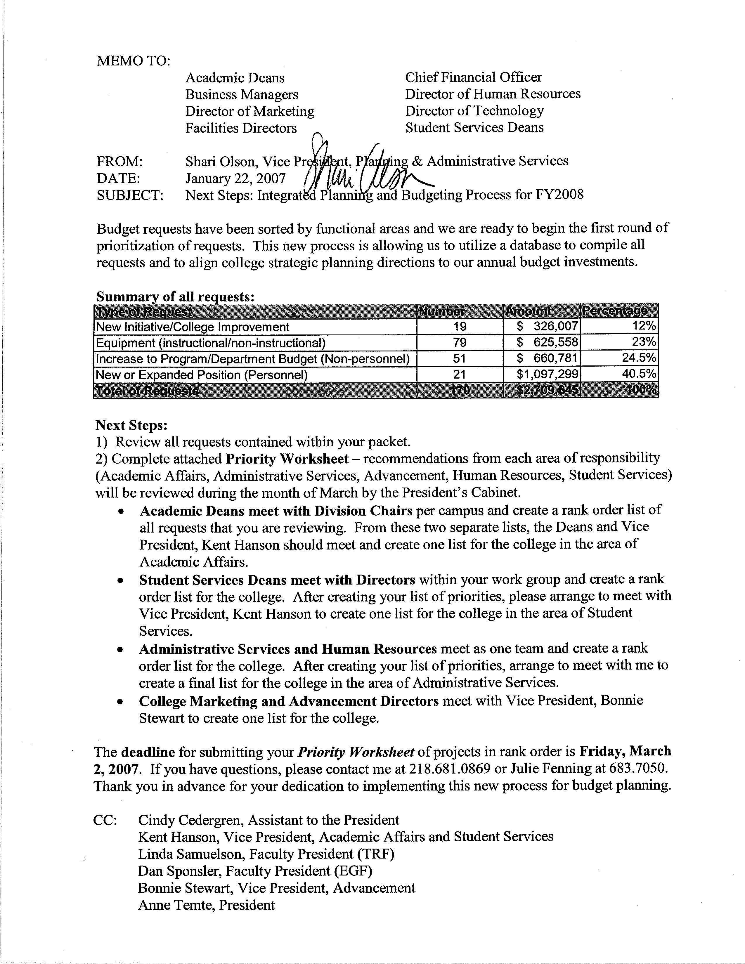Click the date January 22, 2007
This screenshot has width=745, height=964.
235,178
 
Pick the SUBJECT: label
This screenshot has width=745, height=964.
130,195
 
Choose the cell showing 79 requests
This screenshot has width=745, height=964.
460,343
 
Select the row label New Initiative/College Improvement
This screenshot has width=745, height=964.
193,327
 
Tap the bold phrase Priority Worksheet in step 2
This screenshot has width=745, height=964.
287,459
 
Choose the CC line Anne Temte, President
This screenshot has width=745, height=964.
206,905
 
